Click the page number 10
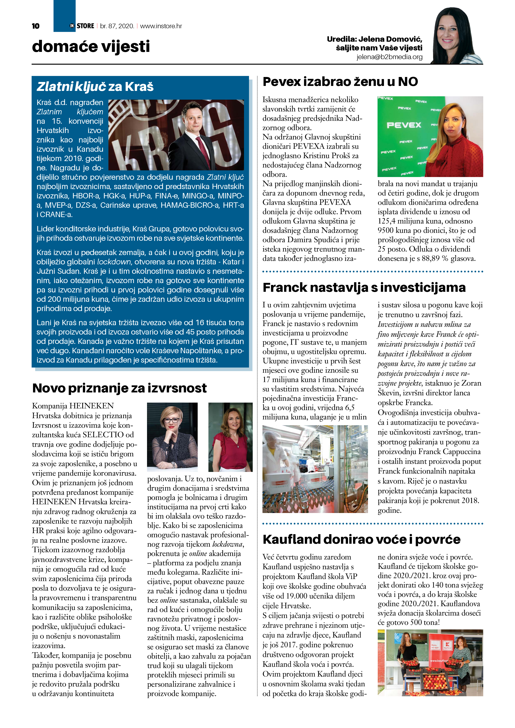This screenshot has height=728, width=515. [36, 26]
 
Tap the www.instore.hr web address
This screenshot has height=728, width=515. [161, 26]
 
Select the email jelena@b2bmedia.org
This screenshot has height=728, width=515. [389, 57]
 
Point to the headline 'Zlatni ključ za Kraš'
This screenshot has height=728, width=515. [95, 87]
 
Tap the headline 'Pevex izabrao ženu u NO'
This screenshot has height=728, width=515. [340, 82]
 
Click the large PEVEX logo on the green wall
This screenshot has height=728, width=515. [404, 125]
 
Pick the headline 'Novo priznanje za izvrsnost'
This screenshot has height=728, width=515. [119, 388]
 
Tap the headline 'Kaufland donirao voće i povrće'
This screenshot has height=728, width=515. [361, 539]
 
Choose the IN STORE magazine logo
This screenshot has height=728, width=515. [82, 26]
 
